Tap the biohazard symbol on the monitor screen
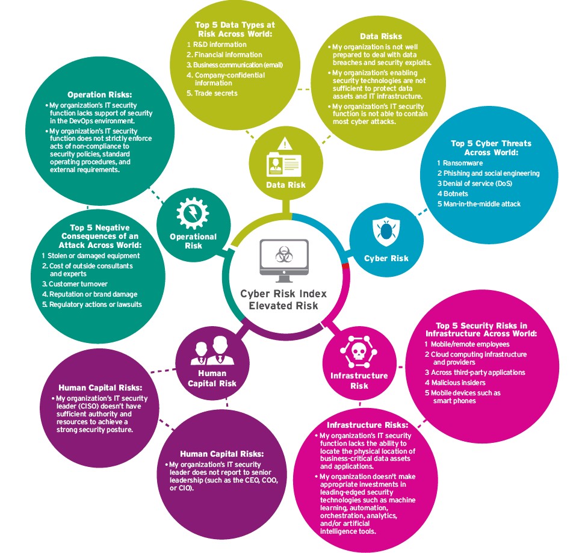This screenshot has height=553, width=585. (284, 255)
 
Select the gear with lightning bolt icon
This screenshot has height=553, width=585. (193, 213)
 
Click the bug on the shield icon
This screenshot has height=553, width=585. (386, 231)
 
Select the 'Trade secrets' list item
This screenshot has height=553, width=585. (212, 93)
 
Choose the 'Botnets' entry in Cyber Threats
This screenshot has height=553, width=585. (453, 194)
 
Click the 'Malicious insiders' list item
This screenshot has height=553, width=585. (455, 383)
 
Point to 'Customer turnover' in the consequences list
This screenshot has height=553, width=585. (75, 284)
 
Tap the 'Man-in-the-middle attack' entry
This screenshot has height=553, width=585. (479, 204)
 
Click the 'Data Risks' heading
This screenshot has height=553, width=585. (381, 36)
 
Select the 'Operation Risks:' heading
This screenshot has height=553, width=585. (100, 94)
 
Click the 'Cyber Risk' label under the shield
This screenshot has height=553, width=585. (386, 258)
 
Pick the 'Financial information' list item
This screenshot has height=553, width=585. (224, 55)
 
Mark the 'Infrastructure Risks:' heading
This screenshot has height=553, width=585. (368, 425)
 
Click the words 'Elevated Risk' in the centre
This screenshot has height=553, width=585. (283, 306)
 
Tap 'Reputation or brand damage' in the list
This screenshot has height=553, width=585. (90, 294)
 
